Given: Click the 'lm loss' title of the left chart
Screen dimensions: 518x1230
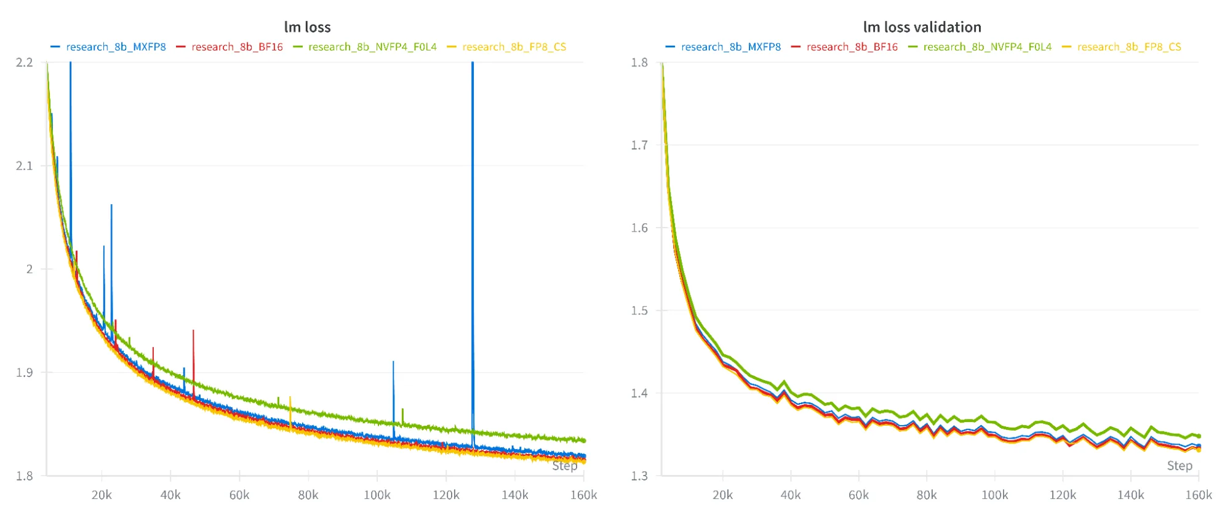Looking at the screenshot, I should coord(307,27).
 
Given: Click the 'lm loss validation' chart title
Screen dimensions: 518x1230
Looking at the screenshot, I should coord(922,27).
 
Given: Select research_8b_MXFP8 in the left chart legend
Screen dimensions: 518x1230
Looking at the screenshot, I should coord(116,47).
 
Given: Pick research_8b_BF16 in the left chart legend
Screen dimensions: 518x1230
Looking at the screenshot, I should coord(237,47).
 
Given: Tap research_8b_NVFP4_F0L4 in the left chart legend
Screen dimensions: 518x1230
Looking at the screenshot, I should coord(372,47).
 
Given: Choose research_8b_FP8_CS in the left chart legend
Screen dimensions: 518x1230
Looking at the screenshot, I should coord(514,47).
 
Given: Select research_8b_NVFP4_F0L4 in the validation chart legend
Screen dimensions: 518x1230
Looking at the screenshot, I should coord(987,47).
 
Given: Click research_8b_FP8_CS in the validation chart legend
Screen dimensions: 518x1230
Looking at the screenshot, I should coord(1129,47).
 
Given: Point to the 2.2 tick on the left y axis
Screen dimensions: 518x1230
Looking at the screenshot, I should coord(24,62).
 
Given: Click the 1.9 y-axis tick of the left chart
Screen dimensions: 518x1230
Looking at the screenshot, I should coord(24,372).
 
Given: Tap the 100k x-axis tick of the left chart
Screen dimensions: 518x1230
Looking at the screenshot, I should coord(377,495).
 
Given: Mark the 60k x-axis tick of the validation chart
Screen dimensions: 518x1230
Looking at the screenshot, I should coord(858,495).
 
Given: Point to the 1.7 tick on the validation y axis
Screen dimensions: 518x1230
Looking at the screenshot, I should coord(639,145).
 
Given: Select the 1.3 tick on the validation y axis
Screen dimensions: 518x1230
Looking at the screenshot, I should coord(639,476).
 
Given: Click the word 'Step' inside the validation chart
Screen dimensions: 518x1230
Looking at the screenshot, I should coord(1179,466).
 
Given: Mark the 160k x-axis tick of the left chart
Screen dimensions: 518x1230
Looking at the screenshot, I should coord(583,495).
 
